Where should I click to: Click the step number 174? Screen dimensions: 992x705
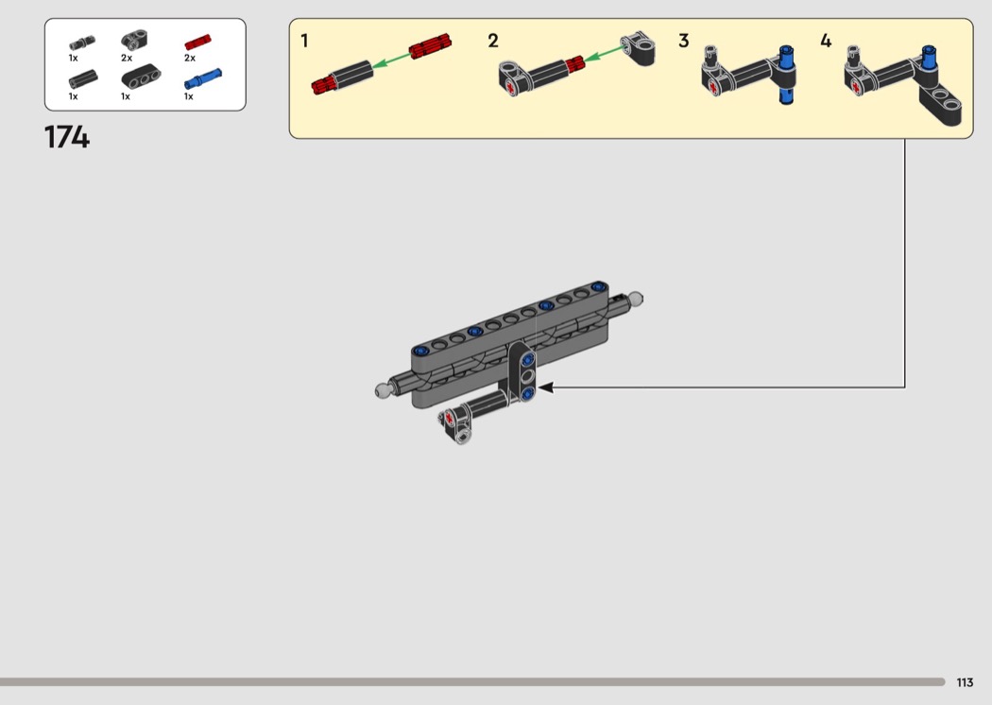(67, 137)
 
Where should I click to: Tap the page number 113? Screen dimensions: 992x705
(965, 682)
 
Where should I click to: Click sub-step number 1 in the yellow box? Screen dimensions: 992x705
(304, 42)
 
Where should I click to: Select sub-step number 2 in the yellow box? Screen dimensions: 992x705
(493, 42)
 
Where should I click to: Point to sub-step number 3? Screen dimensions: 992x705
(684, 42)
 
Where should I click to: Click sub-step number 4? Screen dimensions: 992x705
(826, 42)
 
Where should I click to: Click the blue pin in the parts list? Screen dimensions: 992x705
(203, 79)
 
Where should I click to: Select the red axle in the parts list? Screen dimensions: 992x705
(198, 42)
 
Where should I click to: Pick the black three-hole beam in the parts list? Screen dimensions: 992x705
(141, 77)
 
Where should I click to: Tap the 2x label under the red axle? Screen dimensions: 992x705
(190, 59)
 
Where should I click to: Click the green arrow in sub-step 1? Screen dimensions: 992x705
(391, 60)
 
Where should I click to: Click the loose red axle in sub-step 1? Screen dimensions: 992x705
(430, 45)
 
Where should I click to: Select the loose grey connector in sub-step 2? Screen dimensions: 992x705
(637, 47)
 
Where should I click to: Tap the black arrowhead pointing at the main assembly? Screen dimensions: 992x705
(545, 387)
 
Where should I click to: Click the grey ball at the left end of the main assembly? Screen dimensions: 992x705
(382, 391)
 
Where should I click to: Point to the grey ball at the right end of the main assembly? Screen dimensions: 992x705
(635, 298)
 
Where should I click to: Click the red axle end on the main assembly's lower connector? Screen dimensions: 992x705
(450, 419)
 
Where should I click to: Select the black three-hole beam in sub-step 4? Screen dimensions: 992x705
(939, 100)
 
